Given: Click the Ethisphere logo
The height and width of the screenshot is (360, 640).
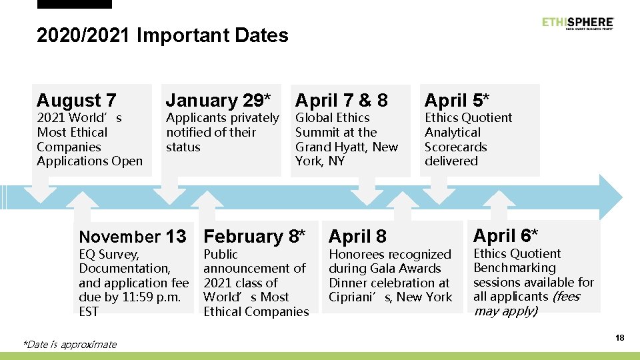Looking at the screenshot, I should pyautogui.click(x=577, y=23).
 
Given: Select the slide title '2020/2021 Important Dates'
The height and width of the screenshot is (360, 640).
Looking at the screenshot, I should pyautogui.click(x=163, y=35).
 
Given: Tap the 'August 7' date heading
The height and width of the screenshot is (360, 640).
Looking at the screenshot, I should pyautogui.click(x=77, y=100).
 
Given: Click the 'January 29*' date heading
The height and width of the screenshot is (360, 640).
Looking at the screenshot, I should pyautogui.click(x=218, y=100).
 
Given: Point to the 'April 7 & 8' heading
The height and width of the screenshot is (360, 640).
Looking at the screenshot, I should pyautogui.click(x=341, y=100).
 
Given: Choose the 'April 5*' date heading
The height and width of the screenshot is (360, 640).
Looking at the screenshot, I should pyautogui.click(x=457, y=100).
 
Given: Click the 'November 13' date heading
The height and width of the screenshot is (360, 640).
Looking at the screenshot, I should pyautogui.click(x=133, y=236).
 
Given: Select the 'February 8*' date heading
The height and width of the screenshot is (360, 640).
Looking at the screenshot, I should pyautogui.click(x=255, y=236).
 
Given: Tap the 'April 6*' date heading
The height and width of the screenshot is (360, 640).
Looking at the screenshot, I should pyautogui.click(x=505, y=235).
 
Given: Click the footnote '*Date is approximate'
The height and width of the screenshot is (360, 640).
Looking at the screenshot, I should pyautogui.click(x=69, y=344).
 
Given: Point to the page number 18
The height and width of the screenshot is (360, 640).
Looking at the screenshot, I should pyautogui.click(x=619, y=338).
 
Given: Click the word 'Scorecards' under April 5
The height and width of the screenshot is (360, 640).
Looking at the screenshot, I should pyautogui.click(x=456, y=147).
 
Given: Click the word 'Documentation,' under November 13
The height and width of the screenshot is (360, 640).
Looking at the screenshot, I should pyautogui.click(x=125, y=268).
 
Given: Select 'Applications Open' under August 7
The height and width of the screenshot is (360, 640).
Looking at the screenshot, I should pyautogui.click(x=90, y=161).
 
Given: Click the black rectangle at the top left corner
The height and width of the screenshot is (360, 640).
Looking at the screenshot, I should pyautogui.click(x=75, y=4).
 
